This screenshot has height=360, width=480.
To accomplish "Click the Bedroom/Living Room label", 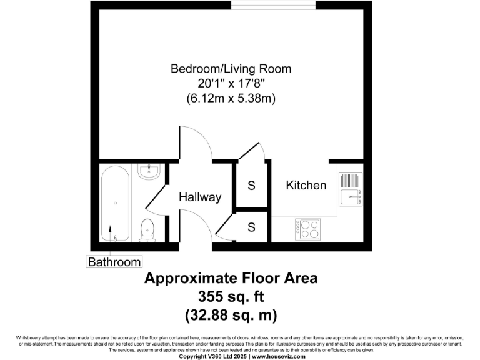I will pyautogui.click(x=231, y=68).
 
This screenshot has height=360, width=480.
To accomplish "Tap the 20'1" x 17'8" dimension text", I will pyautogui.click(x=231, y=83).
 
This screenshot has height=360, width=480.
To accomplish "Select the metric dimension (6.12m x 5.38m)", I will pyautogui.click(x=231, y=98).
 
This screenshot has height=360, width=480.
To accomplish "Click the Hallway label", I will pyautogui.click(x=200, y=197).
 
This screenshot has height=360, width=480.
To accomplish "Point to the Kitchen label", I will pyautogui.click(x=306, y=185).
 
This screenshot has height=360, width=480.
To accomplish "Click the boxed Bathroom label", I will pyautogui.click(x=114, y=262).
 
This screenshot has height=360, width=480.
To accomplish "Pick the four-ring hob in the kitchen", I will pyautogui.click(x=307, y=229).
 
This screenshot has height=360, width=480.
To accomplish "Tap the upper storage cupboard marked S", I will pyautogui.click(x=251, y=186).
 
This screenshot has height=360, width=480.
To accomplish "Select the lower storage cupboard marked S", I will pyautogui.click(x=251, y=227).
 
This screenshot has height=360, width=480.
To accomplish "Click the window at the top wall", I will pyautogui.click(x=273, y=4).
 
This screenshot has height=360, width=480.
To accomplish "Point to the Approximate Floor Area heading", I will pyautogui.click(x=231, y=278).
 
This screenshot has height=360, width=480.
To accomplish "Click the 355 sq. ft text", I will pyautogui.click(x=231, y=296).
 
